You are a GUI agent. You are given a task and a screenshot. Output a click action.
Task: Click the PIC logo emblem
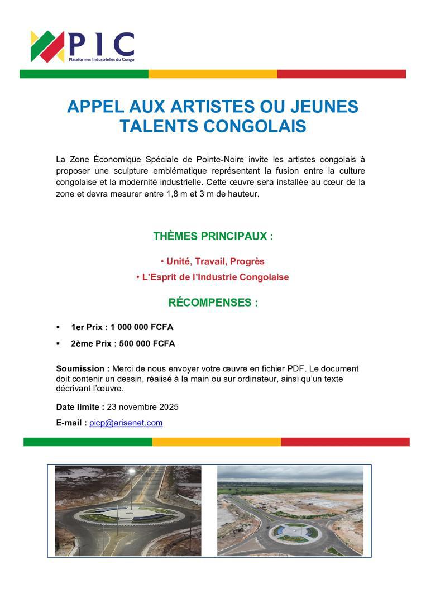point(47,46)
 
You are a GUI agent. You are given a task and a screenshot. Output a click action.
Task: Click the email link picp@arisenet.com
point(126,423)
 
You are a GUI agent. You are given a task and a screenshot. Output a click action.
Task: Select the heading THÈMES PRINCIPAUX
point(213,236)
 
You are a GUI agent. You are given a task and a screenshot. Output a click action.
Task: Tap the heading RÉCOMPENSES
point(213,303)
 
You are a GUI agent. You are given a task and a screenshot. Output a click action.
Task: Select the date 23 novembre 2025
point(142,406)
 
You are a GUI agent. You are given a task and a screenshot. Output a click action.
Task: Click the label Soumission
point(83,368)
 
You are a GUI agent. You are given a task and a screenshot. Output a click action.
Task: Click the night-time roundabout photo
point(128,510)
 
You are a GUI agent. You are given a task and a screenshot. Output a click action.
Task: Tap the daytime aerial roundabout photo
point(290,510)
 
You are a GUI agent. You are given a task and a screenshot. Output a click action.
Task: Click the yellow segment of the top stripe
point(213,74)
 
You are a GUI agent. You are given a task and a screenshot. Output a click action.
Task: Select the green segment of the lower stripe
point(88,442)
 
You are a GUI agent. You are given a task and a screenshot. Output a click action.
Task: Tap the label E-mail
point(71,423)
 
